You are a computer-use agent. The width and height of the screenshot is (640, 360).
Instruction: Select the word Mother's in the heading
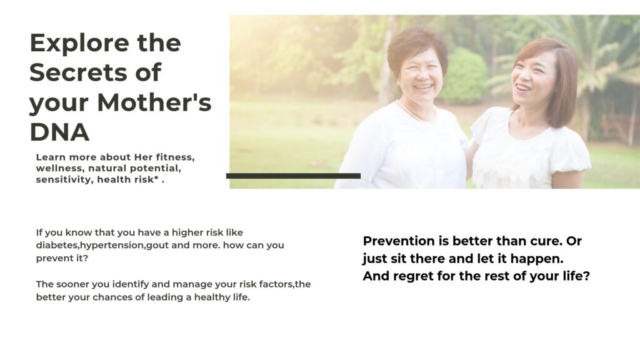(154, 102)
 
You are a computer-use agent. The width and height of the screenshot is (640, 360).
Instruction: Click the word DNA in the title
(59, 132)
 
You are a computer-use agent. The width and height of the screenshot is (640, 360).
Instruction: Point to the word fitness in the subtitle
(175, 157)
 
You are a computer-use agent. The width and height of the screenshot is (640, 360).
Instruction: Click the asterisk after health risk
(156, 178)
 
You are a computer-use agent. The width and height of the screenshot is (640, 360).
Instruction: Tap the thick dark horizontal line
(294, 176)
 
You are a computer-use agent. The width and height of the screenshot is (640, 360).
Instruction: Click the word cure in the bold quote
(546, 241)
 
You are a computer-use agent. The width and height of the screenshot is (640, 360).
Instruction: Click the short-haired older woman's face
(421, 76)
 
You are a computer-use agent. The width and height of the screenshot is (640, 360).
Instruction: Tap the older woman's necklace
(416, 114)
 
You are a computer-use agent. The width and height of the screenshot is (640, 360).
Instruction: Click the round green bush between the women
(465, 76)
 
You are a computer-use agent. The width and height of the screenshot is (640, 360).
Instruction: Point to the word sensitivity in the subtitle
(64, 179)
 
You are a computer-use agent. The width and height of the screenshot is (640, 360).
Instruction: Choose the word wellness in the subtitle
(61, 168)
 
